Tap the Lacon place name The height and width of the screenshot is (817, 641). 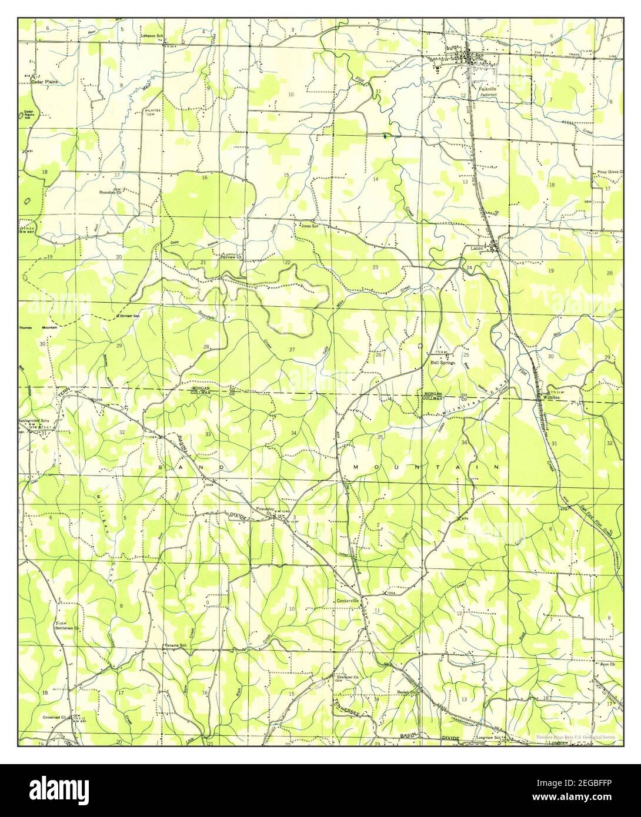477,248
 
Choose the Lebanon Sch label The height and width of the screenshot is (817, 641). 151,36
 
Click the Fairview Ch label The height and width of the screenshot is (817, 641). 223,256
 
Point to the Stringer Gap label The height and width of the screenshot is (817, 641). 129,316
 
